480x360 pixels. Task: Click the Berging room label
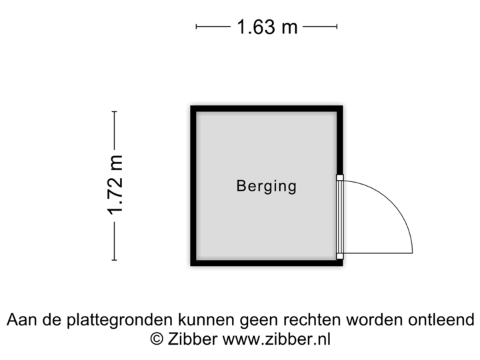click(x=266, y=186)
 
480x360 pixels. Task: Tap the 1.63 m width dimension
click(x=267, y=27)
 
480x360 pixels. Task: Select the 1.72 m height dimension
click(x=115, y=186)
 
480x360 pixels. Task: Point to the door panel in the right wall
click(x=340, y=217)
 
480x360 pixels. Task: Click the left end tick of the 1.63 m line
click(x=197, y=27)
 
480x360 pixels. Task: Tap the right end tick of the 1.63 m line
click(x=337, y=27)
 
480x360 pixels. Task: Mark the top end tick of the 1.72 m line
click(x=115, y=112)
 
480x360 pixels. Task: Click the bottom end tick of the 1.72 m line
click(x=115, y=259)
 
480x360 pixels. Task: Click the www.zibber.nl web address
click(x=275, y=339)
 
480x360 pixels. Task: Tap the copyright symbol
click(x=157, y=339)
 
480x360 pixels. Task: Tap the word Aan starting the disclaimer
click(x=21, y=320)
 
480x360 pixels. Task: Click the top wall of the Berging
click(x=267, y=106)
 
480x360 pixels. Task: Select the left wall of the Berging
click(x=191, y=186)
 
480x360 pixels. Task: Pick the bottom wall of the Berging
click(x=267, y=265)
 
